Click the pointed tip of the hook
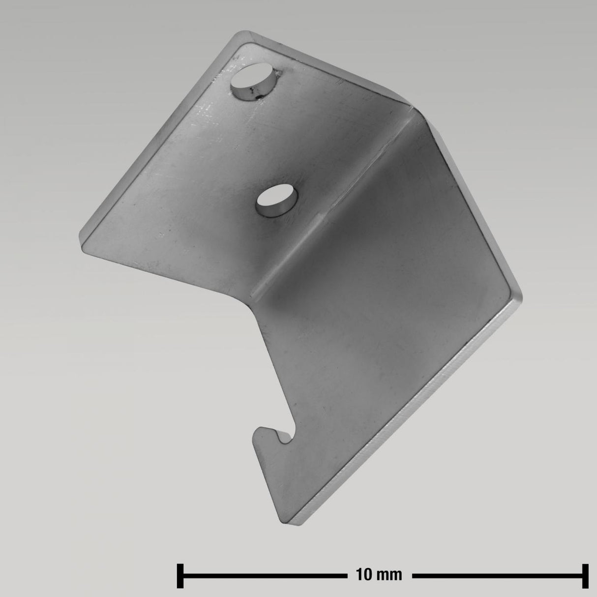(x=255, y=432)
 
